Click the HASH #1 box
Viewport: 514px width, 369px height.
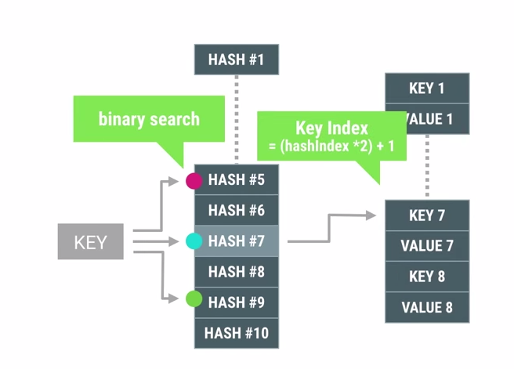coord(236,59)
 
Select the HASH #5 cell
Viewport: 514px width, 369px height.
coord(236,180)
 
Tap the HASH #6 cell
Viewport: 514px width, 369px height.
coord(236,210)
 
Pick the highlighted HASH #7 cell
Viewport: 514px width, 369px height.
coord(236,241)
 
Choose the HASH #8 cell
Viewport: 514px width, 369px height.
coord(236,272)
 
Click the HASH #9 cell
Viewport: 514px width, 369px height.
coord(236,302)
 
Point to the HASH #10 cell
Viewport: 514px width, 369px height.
coord(236,333)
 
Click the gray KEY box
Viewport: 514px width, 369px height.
coord(90,242)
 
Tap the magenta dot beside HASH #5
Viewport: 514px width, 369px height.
coord(194,181)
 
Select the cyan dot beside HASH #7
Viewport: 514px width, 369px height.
coord(194,241)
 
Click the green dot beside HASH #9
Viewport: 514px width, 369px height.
coord(194,298)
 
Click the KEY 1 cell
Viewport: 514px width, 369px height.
coord(427,88)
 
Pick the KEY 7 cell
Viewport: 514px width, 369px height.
coord(427,215)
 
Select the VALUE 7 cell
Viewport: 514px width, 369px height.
coord(427,246)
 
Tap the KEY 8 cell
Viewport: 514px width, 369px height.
coord(427,277)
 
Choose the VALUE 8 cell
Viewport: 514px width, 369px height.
coord(427,307)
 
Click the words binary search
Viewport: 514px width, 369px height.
coord(149,119)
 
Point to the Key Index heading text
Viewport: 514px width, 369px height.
coord(331,128)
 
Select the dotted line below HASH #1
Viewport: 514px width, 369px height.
coord(236,118)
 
